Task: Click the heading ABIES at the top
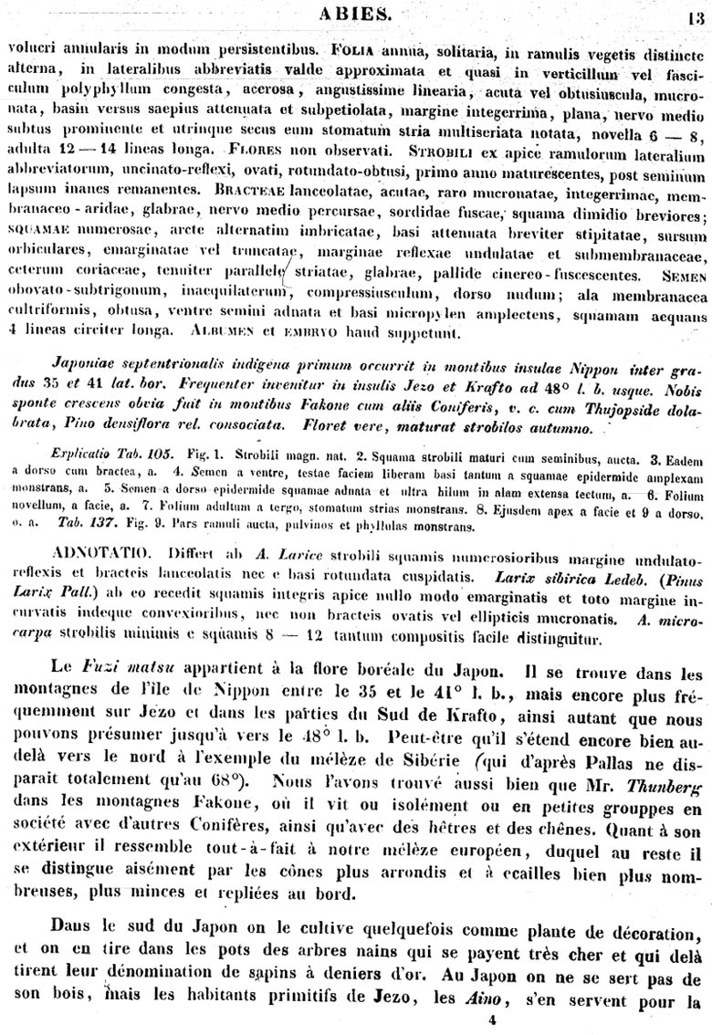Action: click(357, 13)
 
